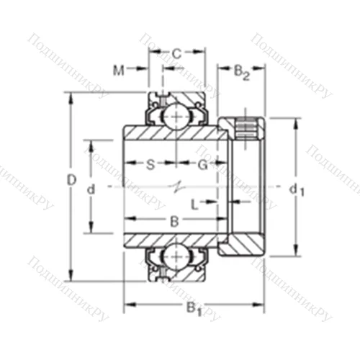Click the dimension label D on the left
[x=71, y=181]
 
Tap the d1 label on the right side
[x=296, y=189]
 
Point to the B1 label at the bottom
[x=194, y=310]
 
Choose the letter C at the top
[x=176, y=53]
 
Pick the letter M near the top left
[x=120, y=70]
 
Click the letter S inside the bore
[x=150, y=164]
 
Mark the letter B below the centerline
[x=174, y=222]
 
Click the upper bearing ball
[x=174, y=115]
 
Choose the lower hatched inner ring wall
[x=173, y=239]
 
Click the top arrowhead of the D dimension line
[x=71, y=96]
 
